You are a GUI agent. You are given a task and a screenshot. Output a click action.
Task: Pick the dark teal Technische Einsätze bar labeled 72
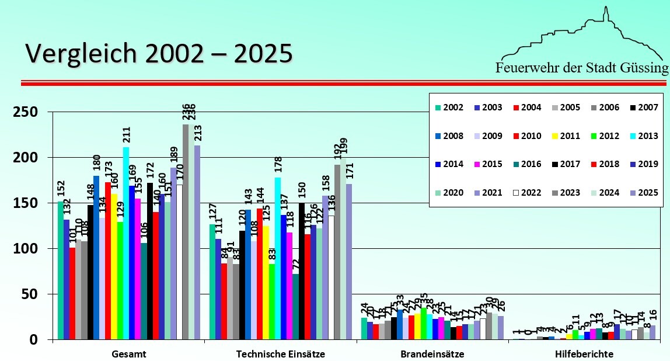pyautogui.click(x=295, y=307)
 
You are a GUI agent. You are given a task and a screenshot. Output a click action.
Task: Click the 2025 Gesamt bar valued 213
pyautogui.click(x=197, y=242)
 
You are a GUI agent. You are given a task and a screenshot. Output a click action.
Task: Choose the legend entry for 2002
pyautogui.click(x=449, y=107)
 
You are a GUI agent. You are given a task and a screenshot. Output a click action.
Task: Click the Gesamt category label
pyautogui.click(x=129, y=354)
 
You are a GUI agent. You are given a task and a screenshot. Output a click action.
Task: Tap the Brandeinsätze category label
pyautogui.click(x=432, y=354)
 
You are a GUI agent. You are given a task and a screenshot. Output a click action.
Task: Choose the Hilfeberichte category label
pyautogui.click(x=584, y=354)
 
